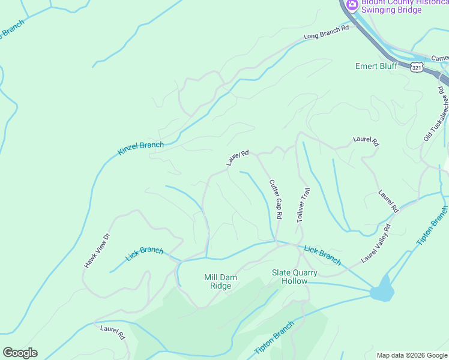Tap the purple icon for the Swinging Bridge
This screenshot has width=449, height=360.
(351, 5)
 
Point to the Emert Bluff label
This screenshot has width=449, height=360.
(376, 66)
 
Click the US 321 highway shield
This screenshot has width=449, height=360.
(417, 67)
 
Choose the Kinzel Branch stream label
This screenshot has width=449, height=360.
(140, 148)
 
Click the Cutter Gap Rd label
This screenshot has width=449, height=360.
(276, 199)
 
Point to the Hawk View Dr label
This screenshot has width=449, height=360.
(98, 250)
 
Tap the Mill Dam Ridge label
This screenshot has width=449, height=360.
(217, 281)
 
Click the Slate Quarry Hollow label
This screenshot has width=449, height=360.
(294, 277)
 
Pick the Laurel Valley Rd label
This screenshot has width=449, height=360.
(376, 244)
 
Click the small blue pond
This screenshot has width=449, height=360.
(382, 292)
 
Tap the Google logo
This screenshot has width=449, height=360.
(20, 353)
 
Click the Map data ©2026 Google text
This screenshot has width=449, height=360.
(412, 355)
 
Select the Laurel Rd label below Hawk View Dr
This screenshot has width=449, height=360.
(112, 332)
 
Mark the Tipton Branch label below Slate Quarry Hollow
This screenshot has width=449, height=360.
(274, 337)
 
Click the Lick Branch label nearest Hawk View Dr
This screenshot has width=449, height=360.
(144, 254)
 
